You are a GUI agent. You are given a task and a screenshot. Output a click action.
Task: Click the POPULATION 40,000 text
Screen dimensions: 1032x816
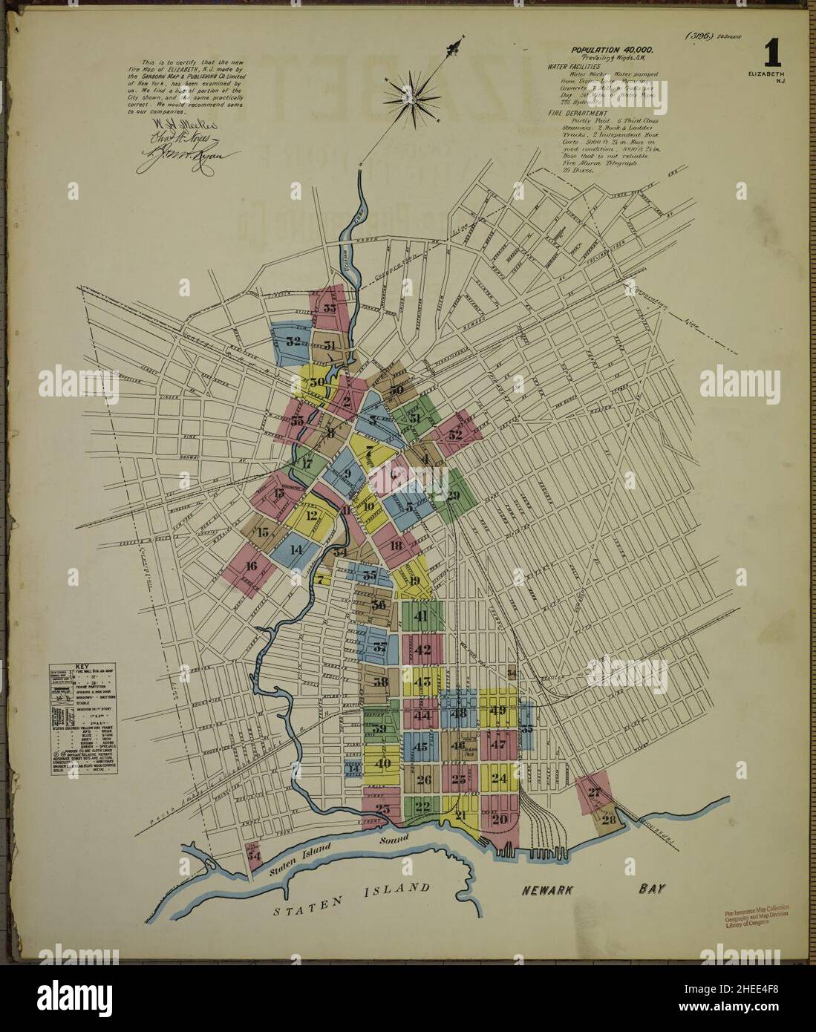(612, 49)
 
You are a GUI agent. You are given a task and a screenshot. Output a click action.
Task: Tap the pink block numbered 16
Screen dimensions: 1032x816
(250, 566)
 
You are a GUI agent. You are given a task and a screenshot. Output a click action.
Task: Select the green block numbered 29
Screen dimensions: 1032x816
(452, 495)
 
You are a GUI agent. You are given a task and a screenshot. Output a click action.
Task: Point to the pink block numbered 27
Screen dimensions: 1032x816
(593, 791)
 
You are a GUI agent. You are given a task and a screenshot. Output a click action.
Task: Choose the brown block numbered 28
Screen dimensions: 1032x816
(609, 819)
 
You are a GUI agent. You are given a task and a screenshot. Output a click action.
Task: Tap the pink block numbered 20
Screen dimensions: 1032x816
(499, 819)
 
